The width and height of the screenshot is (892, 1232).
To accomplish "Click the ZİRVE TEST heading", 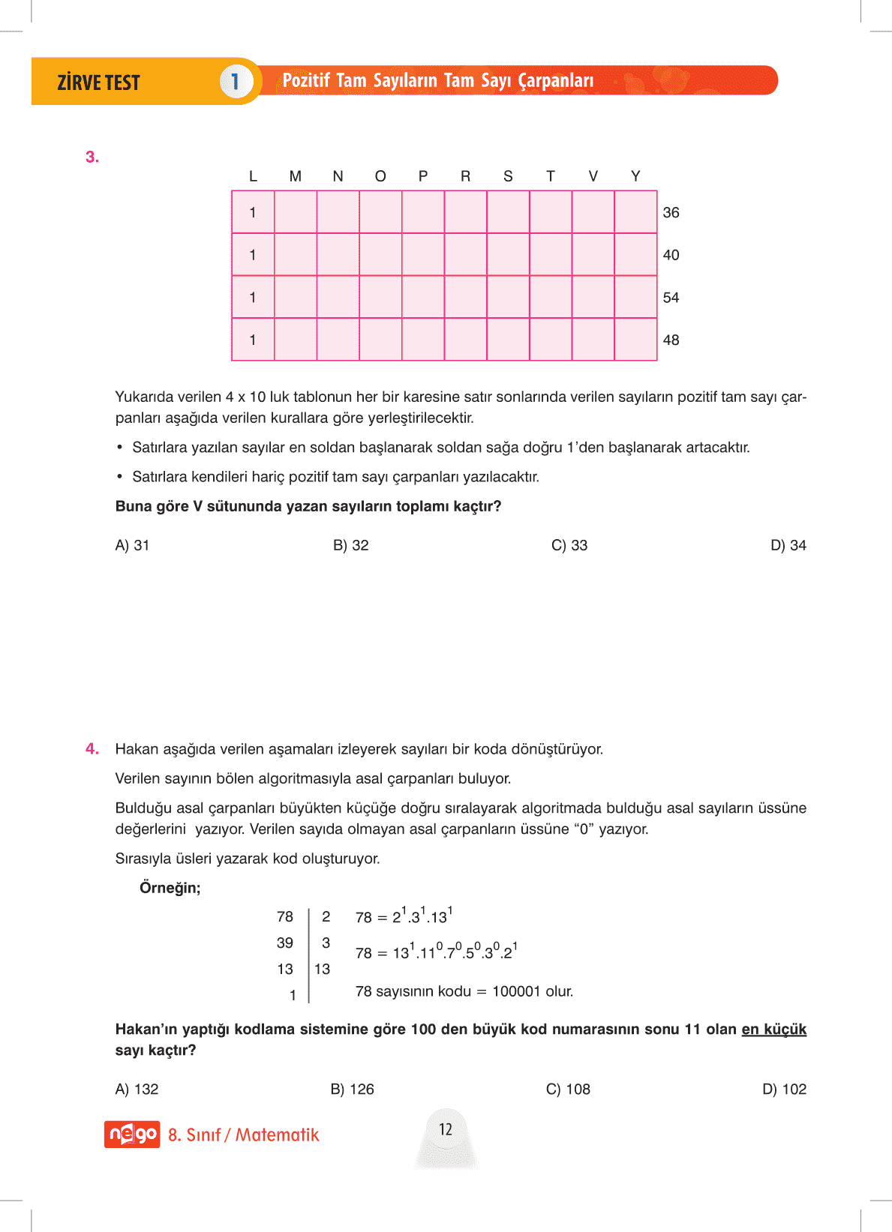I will click(x=98, y=82).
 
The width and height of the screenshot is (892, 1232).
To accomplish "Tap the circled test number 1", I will click(x=235, y=81).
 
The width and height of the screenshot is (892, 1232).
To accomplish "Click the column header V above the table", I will click(x=593, y=176).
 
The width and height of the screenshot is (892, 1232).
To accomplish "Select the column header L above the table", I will click(x=253, y=176).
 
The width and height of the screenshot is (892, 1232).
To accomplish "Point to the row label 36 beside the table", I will click(x=671, y=212).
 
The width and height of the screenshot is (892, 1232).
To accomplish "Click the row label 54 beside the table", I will click(x=671, y=298).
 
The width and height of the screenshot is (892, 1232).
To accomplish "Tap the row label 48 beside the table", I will click(x=671, y=340).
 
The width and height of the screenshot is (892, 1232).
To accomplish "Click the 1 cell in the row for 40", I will click(x=253, y=255).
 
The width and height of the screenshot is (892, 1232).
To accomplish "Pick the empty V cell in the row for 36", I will click(x=593, y=212).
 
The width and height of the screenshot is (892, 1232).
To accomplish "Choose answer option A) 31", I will click(x=132, y=545).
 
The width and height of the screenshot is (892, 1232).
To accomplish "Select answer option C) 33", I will click(x=569, y=545).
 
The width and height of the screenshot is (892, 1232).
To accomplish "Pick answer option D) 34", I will click(x=788, y=545).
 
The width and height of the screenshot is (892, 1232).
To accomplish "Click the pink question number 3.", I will click(x=92, y=157).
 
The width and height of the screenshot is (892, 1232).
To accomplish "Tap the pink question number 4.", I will click(x=92, y=748).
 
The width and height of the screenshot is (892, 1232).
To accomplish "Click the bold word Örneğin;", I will click(x=170, y=888).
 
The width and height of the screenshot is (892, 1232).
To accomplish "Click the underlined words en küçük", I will click(x=773, y=1029).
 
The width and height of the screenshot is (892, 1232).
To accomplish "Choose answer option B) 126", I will click(x=352, y=1089).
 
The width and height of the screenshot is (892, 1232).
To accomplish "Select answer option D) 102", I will click(x=784, y=1089).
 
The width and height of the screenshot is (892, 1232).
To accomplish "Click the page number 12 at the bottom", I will click(x=446, y=1129).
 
